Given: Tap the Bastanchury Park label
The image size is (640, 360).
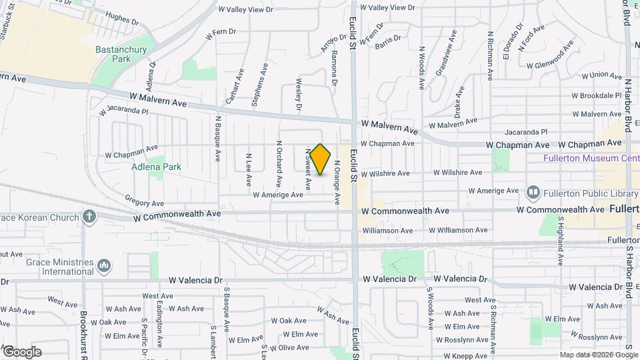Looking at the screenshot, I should coord(113,54).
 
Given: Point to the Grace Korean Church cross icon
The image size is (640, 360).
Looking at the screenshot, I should coord(89,217).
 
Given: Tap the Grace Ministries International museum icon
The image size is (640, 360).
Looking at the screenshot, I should coord(103,267).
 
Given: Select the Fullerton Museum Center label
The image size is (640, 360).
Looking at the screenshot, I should coord(591,159).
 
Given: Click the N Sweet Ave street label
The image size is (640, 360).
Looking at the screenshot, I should coord(309,169).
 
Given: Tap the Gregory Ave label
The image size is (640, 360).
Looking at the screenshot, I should coord(144,201).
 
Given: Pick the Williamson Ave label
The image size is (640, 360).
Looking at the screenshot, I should coord(387,231).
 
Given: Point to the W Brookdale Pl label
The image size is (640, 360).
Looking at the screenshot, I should coord(591,96).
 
